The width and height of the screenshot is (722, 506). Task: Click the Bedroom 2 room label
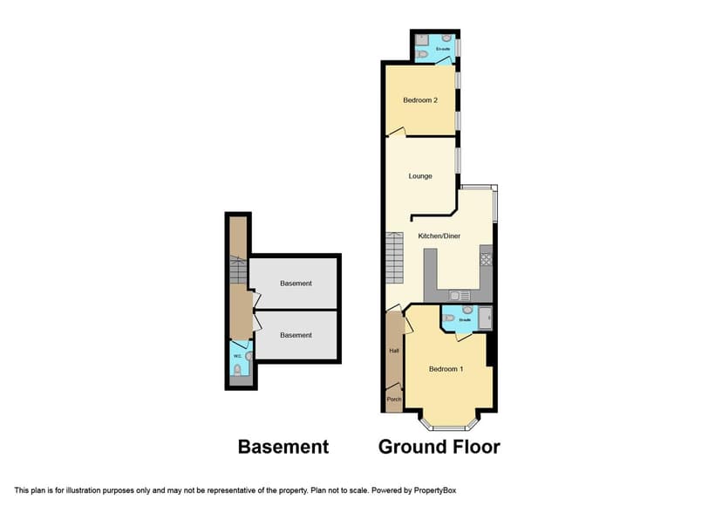coord(419,100)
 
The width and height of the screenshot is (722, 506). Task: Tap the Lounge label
coord(420,176)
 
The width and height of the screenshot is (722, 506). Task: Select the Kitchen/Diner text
coord(439,236)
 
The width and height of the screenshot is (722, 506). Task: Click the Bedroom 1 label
coord(446,369)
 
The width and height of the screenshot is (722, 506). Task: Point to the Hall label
coord(393,351)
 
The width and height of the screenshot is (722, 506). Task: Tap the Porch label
coord(393,400)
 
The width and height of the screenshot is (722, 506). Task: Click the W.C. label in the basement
coord(236,355)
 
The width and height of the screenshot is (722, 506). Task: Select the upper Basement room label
coord(296,284)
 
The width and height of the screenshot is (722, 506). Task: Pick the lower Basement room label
coord(296,335)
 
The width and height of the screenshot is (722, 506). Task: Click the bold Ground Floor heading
coord(439,447)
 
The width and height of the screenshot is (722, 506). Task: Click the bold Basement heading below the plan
coord(283,447)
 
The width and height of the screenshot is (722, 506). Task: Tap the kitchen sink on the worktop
coord(459,295)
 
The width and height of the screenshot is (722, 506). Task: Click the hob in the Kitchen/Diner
coord(486,259)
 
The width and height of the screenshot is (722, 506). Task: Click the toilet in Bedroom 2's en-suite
coord(422,54)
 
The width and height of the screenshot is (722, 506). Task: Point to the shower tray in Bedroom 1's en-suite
coord(484,318)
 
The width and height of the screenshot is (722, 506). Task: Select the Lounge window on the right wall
coord(460,161)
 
